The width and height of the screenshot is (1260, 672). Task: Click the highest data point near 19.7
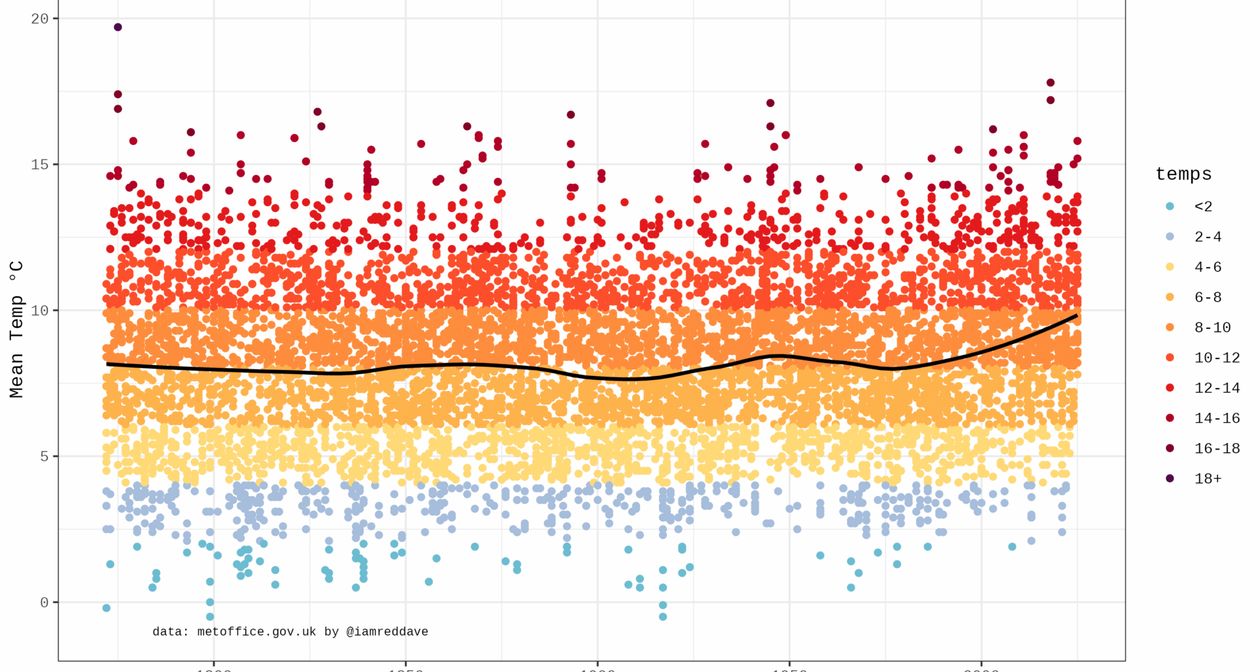click(x=118, y=27)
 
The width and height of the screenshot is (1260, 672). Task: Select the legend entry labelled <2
click(x=1203, y=206)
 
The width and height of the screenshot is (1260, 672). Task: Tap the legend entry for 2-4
click(x=1207, y=236)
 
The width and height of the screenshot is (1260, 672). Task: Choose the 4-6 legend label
click(x=1207, y=266)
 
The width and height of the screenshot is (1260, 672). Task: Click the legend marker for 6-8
click(x=1169, y=297)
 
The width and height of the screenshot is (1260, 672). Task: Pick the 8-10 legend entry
click(x=1212, y=327)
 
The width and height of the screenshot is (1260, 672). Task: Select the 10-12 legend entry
click(x=1217, y=357)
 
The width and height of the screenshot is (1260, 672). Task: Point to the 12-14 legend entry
click(x=1217, y=387)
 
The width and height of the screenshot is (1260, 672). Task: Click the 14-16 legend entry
click(x=1217, y=417)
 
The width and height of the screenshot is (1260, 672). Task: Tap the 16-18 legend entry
click(x=1217, y=448)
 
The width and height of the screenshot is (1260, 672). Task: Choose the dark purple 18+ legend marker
click(x=1169, y=478)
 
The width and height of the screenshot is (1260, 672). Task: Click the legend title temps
click(x=1183, y=174)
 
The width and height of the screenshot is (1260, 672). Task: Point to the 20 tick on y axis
click(x=40, y=18)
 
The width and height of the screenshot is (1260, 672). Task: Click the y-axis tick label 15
click(x=40, y=164)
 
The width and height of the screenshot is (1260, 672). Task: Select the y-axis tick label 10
click(x=40, y=310)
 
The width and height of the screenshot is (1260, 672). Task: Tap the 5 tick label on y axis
click(x=44, y=456)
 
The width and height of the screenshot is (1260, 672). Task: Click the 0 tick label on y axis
click(x=44, y=602)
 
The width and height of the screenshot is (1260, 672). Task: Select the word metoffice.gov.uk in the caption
click(x=257, y=631)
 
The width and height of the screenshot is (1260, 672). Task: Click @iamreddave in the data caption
click(x=387, y=631)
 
